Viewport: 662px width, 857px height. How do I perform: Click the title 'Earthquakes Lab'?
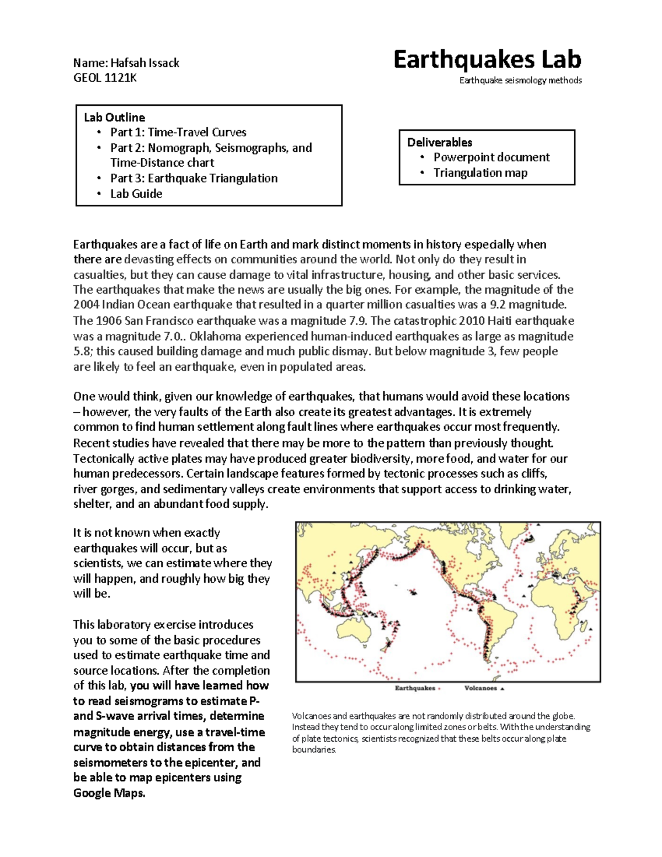487,60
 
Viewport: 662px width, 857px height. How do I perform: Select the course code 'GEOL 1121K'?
105,78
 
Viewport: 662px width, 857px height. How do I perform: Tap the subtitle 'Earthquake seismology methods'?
520,81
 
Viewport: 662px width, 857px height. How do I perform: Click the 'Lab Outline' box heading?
114,117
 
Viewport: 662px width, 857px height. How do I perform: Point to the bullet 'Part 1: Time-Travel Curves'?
178,132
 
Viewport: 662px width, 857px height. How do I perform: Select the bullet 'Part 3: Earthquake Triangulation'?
194,178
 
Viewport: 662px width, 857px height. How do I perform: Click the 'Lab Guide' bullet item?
136,194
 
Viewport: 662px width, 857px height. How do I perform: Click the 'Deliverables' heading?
440,142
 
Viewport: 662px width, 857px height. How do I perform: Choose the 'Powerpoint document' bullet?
491,157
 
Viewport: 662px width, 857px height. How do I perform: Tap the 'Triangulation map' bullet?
480,173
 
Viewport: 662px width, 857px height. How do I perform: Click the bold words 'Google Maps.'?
109,793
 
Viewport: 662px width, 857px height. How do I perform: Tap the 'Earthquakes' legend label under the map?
415,688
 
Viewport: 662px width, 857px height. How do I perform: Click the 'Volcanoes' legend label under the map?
481,688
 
